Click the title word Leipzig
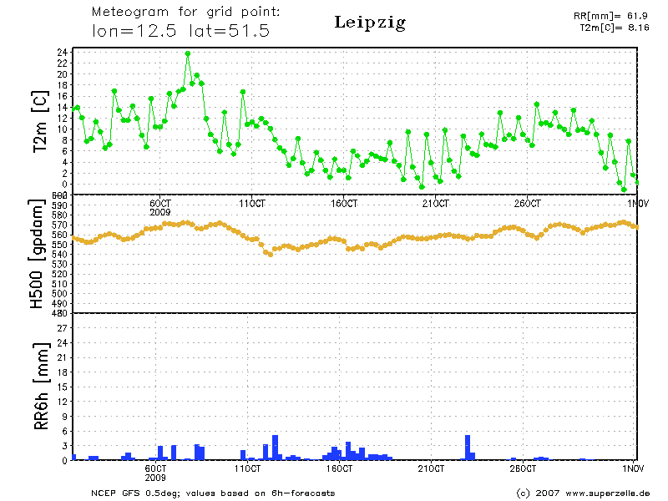pos(369,23)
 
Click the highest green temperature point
pos(188,53)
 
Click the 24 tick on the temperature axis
pos(62,52)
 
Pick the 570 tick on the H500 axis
pos(59,225)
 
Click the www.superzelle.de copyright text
pos(583,493)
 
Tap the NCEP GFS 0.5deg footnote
pos(213,493)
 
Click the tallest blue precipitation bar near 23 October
pos(468,448)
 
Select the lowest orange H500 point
pos(270,254)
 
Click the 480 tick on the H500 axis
pos(59,313)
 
